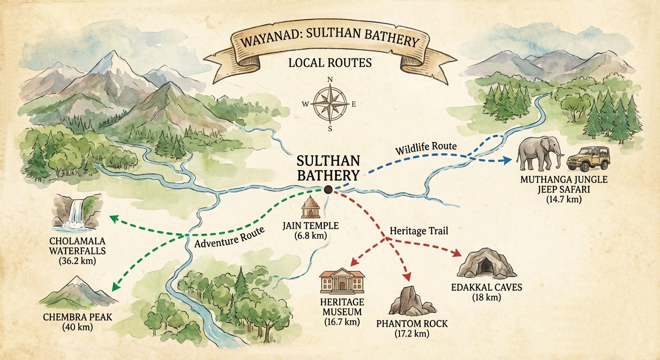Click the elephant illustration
[539, 153]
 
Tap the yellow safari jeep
[588, 158]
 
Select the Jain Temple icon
[310, 208]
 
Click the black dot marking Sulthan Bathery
[328, 189]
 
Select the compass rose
[330, 104]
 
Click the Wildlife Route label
[425, 149]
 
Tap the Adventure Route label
[230, 237]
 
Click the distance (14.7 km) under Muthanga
[563, 199]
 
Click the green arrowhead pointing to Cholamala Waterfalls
[113, 217]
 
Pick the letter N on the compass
[330, 80]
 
